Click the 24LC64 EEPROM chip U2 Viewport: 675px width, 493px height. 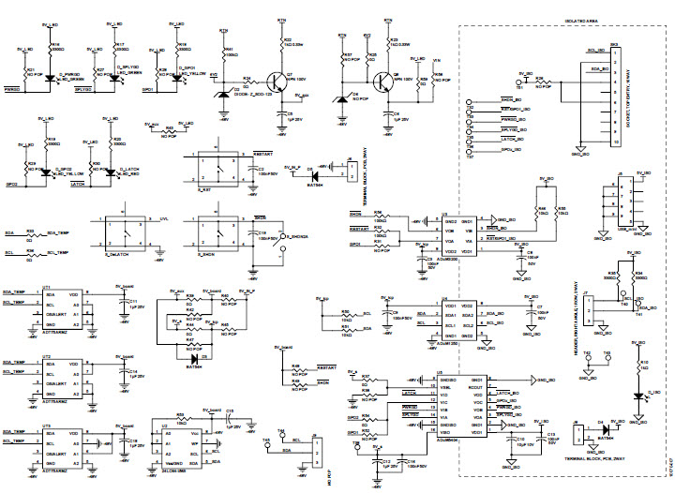click(183, 449)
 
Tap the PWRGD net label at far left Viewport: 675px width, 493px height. click(13, 89)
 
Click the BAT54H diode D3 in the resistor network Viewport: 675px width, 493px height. click(195, 359)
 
